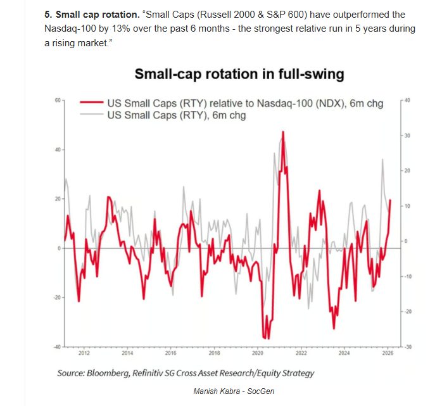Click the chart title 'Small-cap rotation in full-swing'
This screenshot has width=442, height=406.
(x=239, y=74)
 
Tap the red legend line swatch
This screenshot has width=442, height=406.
(x=91, y=104)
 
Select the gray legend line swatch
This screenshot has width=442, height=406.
(x=91, y=115)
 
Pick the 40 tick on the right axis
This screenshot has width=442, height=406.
(x=407, y=101)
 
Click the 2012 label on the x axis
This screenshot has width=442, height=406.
(x=84, y=353)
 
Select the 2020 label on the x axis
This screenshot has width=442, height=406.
(x=258, y=353)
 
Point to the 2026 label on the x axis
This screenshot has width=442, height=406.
(x=388, y=353)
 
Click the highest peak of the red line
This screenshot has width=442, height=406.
(x=283, y=132)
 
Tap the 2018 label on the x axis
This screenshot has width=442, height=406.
(x=214, y=353)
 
